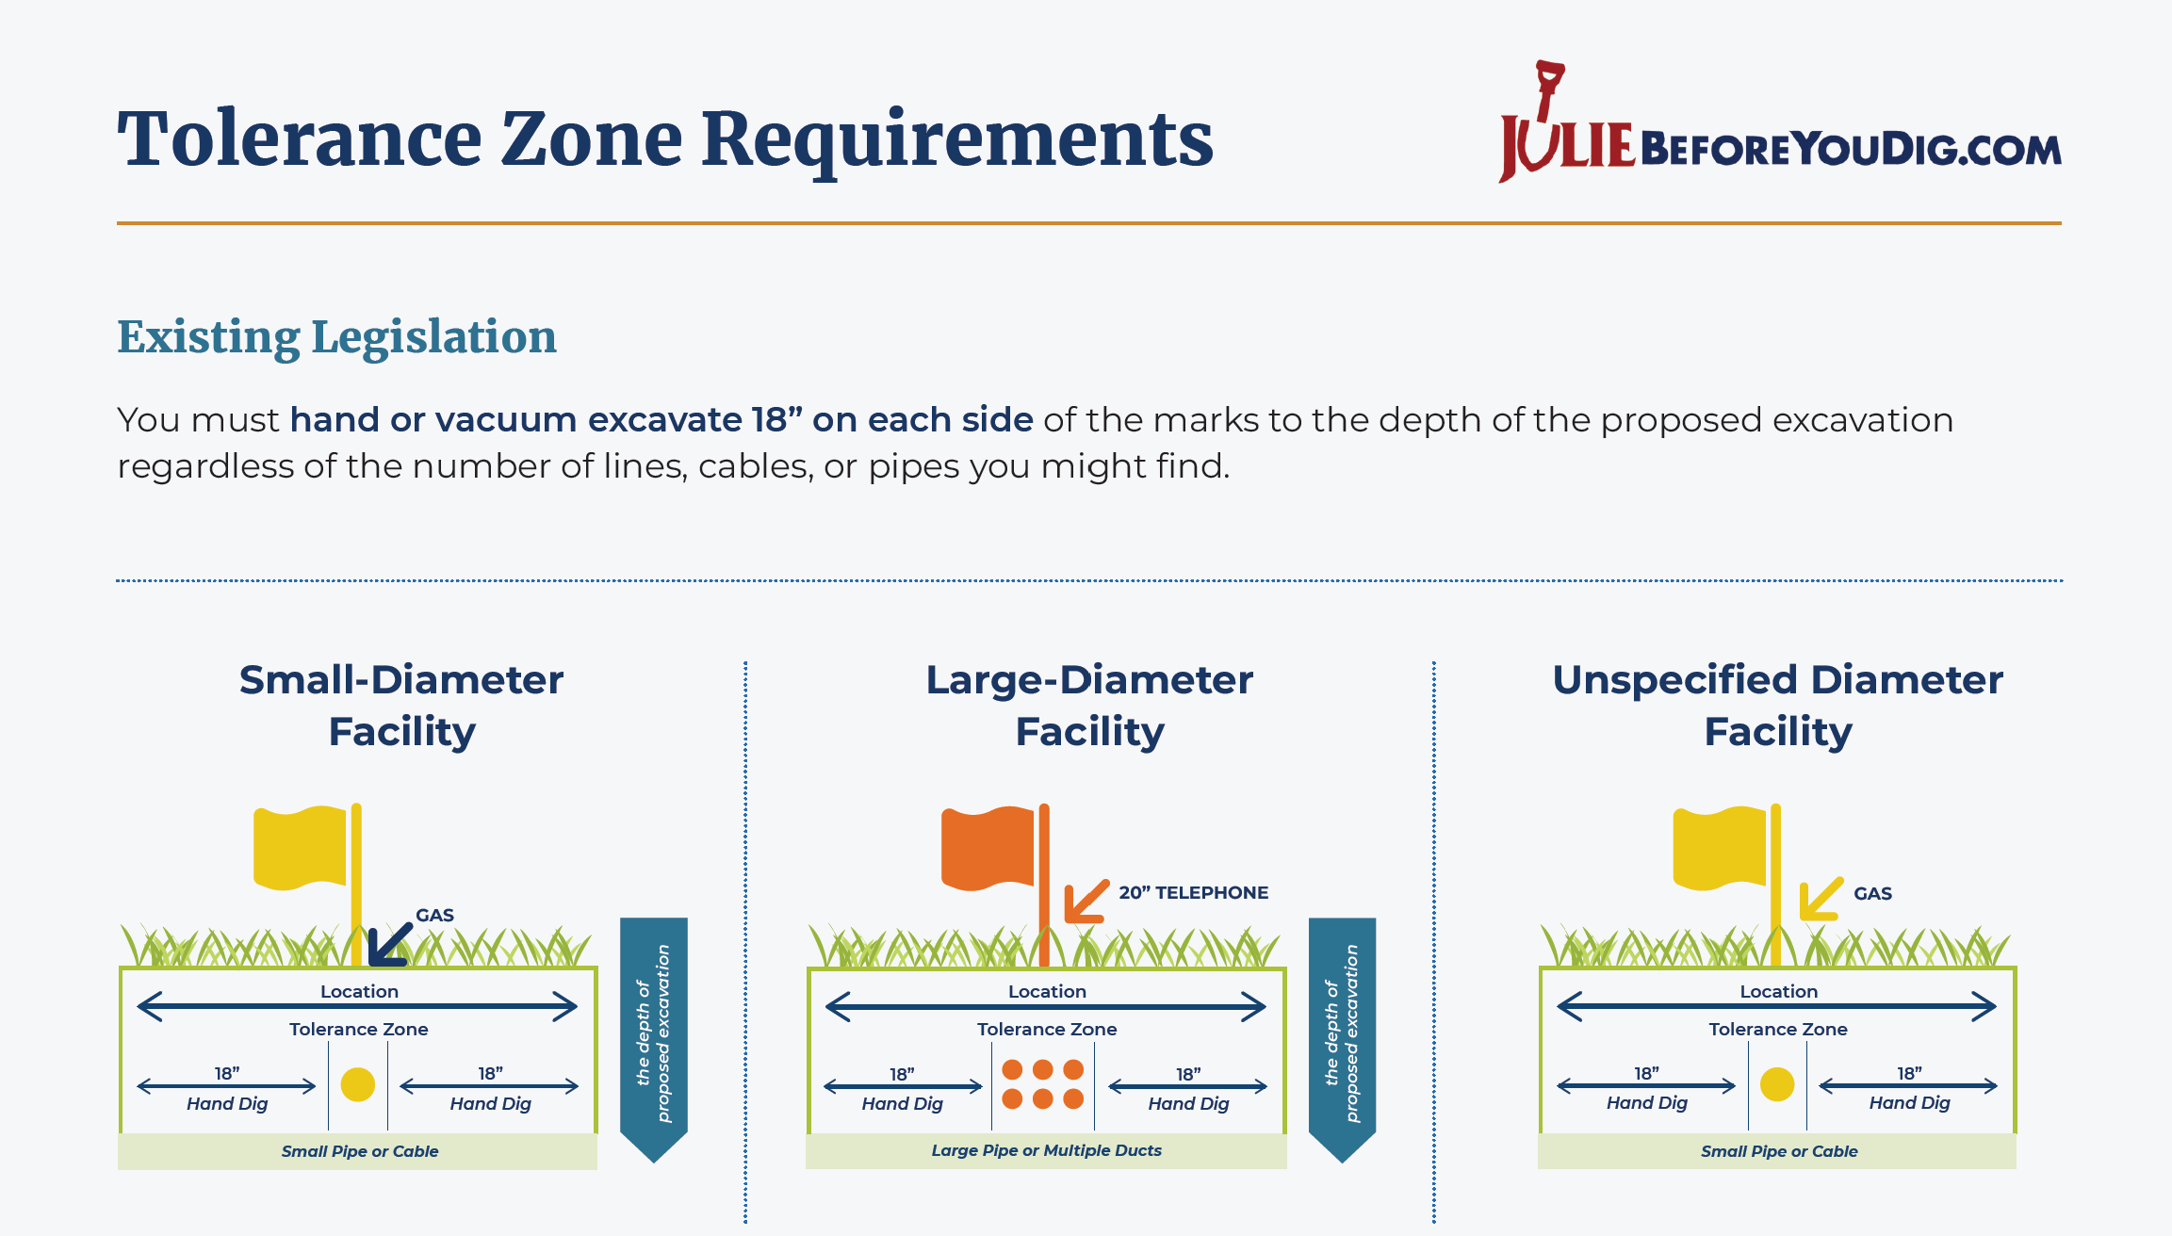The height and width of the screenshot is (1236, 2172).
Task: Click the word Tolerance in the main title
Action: (300, 139)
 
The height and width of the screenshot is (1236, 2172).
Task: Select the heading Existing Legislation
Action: (336, 338)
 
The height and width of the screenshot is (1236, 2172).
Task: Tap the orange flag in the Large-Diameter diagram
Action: (988, 848)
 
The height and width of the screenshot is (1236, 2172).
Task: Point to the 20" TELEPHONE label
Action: (1193, 892)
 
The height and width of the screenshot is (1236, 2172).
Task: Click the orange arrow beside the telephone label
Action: (1086, 901)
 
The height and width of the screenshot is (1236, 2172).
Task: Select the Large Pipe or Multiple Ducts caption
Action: (1046, 1150)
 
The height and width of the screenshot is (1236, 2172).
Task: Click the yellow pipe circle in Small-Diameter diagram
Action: (358, 1084)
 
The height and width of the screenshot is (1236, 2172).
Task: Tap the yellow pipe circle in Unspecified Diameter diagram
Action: (1777, 1084)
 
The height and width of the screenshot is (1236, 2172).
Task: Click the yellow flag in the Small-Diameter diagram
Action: (300, 848)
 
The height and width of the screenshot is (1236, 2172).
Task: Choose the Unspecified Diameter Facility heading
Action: (1778, 705)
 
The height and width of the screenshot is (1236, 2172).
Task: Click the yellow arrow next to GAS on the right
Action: (1821, 899)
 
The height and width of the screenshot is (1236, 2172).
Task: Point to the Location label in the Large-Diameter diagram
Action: (1047, 991)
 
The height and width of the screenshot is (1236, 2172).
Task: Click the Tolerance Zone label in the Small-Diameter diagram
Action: (359, 1029)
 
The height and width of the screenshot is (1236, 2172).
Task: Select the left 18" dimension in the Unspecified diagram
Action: (1646, 1074)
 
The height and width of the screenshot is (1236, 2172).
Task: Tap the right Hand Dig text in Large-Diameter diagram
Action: (1188, 1103)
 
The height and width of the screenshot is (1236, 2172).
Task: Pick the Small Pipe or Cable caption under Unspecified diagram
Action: (1779, 1151)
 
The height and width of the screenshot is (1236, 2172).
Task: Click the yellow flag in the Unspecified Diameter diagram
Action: (1720, 848)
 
